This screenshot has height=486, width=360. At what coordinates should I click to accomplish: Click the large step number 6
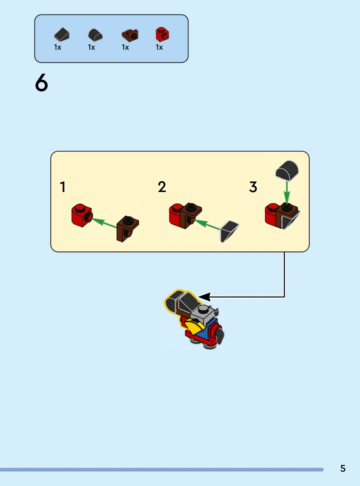click(x=41, y=83)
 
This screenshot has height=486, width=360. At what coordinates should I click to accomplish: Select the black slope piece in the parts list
click(x=62, y=34)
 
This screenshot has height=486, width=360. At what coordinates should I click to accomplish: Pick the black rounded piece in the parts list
click(x=95, y=35)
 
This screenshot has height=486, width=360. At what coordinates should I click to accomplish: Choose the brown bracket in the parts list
click(x=130, y=35)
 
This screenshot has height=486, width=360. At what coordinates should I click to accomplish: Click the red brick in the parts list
click(x=162, y=34)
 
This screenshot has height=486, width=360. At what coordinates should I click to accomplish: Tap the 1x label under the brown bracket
click(x=125, y=47)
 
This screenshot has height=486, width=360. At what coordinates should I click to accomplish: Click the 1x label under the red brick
click(x=159, y=47)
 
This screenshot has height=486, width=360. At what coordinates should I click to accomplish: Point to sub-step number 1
click(x=63, y=187)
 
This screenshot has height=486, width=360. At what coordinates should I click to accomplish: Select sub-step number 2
click(x=162, y=187)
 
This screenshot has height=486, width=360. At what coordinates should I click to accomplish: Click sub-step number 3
click(x=253, y=187)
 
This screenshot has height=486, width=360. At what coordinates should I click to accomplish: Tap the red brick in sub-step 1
click(x=82, y=215)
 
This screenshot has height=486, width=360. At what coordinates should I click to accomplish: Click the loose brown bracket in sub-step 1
click(x=128, y=229)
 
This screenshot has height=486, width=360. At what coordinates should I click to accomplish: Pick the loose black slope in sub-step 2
click(x=229, y=232)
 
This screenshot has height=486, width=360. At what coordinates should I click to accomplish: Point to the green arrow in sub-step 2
click(x=207, y=225)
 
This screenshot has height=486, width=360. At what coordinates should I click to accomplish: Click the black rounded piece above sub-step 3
click(x=287, y=171)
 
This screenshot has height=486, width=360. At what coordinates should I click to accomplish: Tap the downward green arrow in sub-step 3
click(x=287, y=193)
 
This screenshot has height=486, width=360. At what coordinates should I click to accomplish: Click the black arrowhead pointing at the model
click(x=204, y=297)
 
